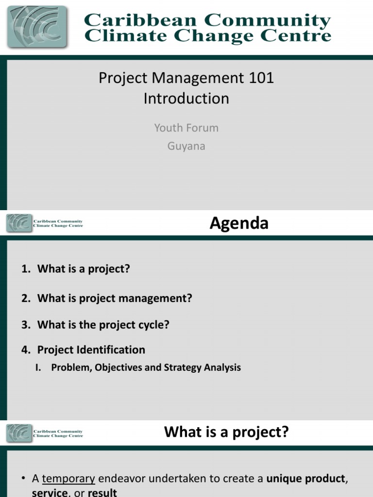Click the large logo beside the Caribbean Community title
click(38, 26)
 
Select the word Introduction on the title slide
click(186, 99)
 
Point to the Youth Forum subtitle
click(186, 128)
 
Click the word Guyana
click(186, 146)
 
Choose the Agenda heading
click(238, 223)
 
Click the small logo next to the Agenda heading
click(19, 223)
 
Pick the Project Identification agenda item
click(91, 350)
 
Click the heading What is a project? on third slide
click(226, 432)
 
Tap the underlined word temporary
click(68, 479)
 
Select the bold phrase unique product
click(305, 479)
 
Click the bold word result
click(102, 493)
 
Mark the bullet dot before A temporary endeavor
click(23, 479)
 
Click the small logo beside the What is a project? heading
click(19, 433)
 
